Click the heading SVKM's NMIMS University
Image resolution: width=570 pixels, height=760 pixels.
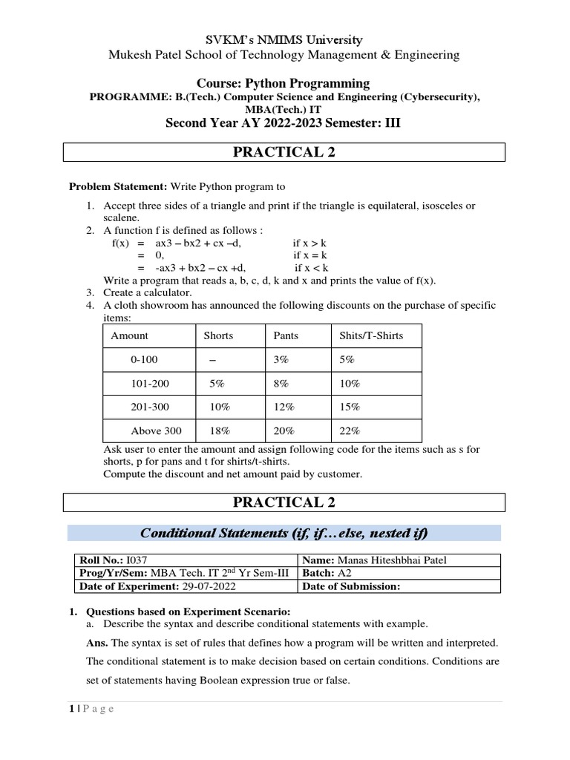click(x=284, y=39)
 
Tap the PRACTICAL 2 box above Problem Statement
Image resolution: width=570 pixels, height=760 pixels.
click(x=284, y=152)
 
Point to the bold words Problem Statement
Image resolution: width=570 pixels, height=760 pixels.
click(x=119, y=186)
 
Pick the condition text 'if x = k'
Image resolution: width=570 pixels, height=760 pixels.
click(x=311, y=255)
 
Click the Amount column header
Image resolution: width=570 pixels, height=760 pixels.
click(x=129, y=335)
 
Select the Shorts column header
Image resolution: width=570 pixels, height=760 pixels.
click(x=218, y=335)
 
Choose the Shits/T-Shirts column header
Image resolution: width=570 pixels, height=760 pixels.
click(x=371, y=335)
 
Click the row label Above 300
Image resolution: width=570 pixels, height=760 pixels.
click(x=156, y=430)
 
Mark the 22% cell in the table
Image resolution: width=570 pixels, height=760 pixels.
click(x=350, y=430)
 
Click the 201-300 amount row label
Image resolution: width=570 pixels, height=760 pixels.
click(x=151, y=407)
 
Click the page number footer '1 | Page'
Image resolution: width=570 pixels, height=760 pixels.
click(x=87, y=709)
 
